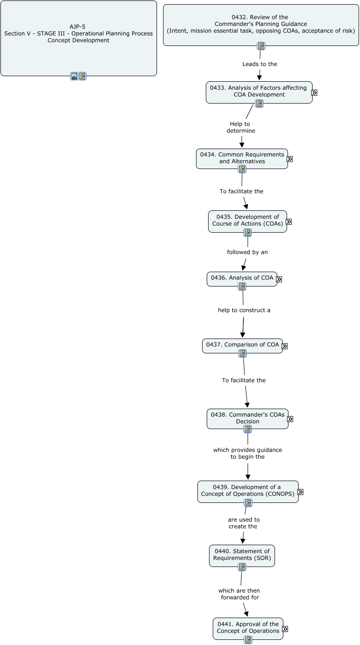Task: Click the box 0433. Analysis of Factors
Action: click(x=259, y=91)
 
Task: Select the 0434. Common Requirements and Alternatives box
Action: click(x=242, y=158)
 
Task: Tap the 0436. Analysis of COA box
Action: click(x=242, y=278)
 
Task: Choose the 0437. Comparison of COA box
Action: click(x=242, y=345)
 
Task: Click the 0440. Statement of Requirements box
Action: click(x=242, y=555)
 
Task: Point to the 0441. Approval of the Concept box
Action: click(x=248, y=628)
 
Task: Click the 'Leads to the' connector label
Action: click(x=260, y=64)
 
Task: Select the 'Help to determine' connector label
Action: click(x=241, y=127)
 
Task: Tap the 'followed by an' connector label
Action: click(x=247, y=252)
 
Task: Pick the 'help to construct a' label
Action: click(x=244, y=310)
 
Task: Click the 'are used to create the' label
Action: click(x=243, y=523)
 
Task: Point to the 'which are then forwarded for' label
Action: click(x=239, y=594)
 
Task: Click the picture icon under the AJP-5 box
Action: click(x=74, y=76)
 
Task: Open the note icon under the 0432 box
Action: click(x=261, y=46)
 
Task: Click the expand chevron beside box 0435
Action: click(x=289, y=222)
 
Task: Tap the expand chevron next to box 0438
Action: click(x=290, y=419)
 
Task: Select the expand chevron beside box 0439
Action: click(x=301, y=492)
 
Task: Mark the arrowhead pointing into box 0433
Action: click(x=259, y=78)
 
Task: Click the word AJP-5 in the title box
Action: click(x=78, y=27)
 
